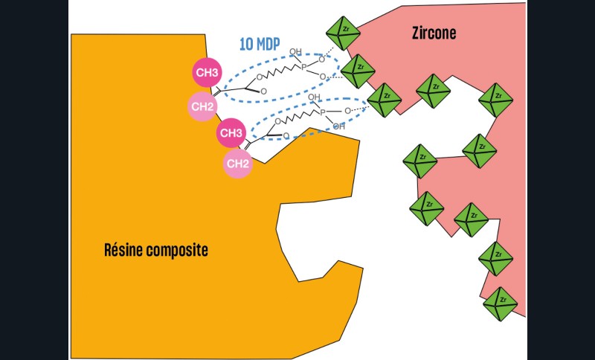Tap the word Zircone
coord(434,33)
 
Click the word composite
coord(177,250)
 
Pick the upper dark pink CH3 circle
coord(207,73)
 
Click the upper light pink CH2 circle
coord(202,106)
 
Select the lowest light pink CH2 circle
coord(237,164)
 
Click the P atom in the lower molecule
coord(322,112)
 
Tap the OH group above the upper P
coord(295,52)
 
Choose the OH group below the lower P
coord(338,126)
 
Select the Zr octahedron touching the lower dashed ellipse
coord(385,100)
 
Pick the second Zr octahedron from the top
coord(357,71)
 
